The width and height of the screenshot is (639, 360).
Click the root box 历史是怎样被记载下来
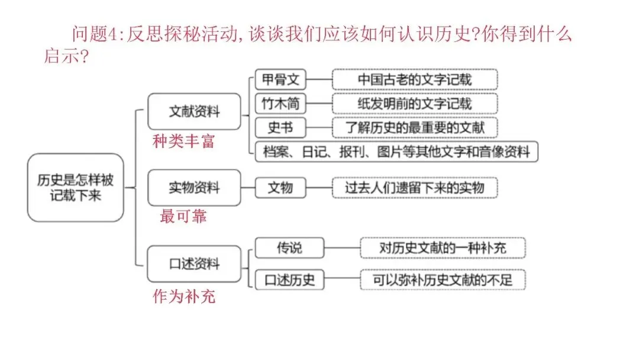click(75, 188)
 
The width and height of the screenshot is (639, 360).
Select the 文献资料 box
click(195, 111)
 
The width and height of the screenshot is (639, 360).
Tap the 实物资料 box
click(195, 188)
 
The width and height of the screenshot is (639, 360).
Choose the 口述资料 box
click(195, 263)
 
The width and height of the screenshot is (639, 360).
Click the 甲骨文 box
click(280, 79)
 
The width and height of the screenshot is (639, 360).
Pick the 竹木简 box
click(280, 104)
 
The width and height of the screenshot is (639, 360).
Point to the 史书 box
click(280, 128)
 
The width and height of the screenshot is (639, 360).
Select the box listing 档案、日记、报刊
click(396, 152)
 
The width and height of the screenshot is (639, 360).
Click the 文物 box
click(280, 188)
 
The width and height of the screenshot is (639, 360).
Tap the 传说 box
click(290, 248)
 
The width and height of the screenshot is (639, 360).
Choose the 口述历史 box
click(290, 279)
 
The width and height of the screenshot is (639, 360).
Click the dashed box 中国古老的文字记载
click(415, 79)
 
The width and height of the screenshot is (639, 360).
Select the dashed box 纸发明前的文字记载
click(415, 104)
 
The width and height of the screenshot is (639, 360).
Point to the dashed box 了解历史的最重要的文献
click(415, 128)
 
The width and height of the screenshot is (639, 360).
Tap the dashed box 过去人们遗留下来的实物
click(415, 188)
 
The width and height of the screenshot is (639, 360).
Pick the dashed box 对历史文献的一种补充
click(443, 248)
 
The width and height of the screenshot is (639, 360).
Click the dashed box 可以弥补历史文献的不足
click(443, 279)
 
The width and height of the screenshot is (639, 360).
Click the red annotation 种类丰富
click(184, 142)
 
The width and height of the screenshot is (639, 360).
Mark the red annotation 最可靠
click(183, 216)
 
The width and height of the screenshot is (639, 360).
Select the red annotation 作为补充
click(184, 297)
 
